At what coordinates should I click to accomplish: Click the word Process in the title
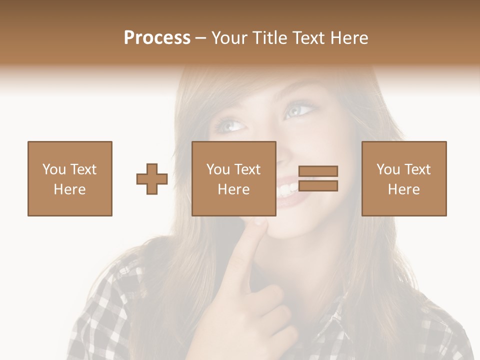pos(157,38)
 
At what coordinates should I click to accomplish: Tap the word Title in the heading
pos(269,38)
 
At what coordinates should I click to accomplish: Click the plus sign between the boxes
pos(152,178)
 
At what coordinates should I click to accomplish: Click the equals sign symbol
pos(318,178)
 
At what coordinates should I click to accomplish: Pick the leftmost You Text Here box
pos(70,178)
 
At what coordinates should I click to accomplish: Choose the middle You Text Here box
pos(234,178)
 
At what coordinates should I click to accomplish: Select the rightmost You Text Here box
pos(404,178)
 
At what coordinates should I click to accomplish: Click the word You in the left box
pos(53,169)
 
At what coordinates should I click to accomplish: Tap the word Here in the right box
pos(404,189)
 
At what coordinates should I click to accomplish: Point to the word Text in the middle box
pos(247,169)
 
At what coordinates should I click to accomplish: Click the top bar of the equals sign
pos(318,171)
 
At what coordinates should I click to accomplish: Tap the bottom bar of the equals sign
pos(318,186)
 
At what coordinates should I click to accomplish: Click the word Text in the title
pos(309,38)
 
